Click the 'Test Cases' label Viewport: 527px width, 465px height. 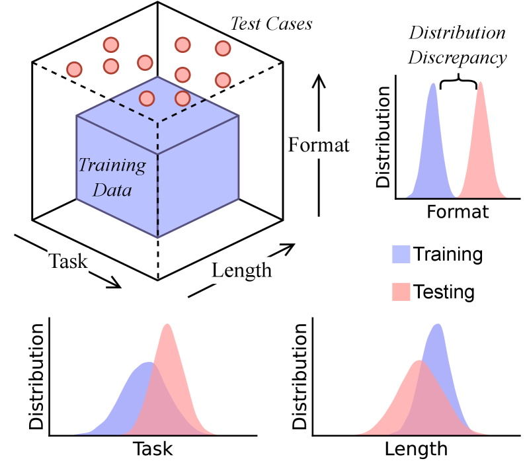click(x=271, y=24)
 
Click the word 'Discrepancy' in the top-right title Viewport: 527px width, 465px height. click(x=457, y=57)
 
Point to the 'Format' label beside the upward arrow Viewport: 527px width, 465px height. click(x=319, y=145)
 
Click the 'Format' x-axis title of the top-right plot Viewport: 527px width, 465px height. click(x=458, y=212)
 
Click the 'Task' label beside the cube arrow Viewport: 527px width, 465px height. click(x=69, y=261)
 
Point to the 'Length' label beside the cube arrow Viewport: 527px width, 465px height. click(x=242, y=270)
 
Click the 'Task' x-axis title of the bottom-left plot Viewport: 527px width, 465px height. click(x=153, y=449)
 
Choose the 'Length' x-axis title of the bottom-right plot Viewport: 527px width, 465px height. click(x=416, y=449)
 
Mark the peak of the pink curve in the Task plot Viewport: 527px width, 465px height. click(x=168, y=325)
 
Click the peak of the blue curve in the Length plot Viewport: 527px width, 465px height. click(x=437, y=325)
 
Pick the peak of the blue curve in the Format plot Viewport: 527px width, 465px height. click(x=433, y=84)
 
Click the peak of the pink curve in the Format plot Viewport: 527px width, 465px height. click(x=481, y=83)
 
